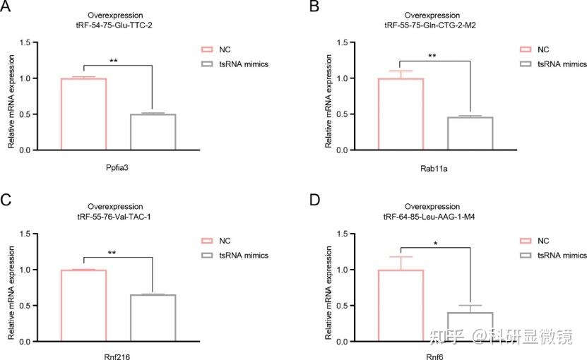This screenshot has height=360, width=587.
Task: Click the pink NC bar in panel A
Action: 83,114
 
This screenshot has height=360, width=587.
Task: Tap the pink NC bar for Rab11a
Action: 401,114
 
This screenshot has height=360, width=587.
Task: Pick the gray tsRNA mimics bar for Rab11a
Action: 470,133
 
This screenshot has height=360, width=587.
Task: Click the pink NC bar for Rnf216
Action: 83,306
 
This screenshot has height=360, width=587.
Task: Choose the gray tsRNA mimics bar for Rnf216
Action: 153,318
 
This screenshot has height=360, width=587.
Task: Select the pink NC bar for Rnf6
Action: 401,306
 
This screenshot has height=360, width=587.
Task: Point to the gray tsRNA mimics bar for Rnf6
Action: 470,327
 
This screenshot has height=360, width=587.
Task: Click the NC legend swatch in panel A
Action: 208,49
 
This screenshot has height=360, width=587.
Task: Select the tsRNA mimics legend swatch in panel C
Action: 208,256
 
